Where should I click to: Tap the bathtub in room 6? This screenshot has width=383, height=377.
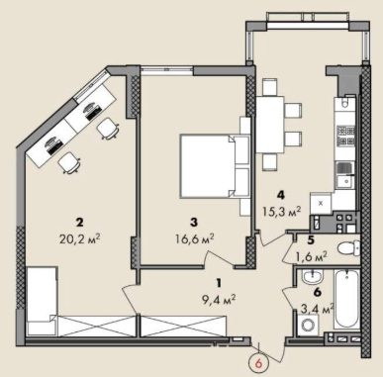click(346, 299)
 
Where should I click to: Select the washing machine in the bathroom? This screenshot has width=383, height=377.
click(309, 325)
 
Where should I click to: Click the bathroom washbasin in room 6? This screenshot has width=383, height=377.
click(313, 277)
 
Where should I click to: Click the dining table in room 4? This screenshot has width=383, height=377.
click(270, 125)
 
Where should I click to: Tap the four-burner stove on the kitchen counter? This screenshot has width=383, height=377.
click(345, 137)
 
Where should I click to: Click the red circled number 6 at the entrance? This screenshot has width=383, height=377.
click(259, 363)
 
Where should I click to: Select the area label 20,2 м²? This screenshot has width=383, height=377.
click(79, 238)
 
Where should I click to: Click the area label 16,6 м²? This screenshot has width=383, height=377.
click(195, 237)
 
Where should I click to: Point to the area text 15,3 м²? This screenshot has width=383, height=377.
click(281, 210)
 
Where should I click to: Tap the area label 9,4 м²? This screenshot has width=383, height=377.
click(218, 299)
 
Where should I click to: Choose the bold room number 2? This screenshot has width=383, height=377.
click(79, 223)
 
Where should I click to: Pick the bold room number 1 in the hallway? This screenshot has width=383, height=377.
click(219, 283)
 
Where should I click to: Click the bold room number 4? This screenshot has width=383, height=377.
click(281, 195)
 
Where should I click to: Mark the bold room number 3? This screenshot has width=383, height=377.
click(194, 223)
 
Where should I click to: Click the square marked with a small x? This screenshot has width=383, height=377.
click(321, 203)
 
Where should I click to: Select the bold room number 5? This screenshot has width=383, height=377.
click(310, 240)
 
